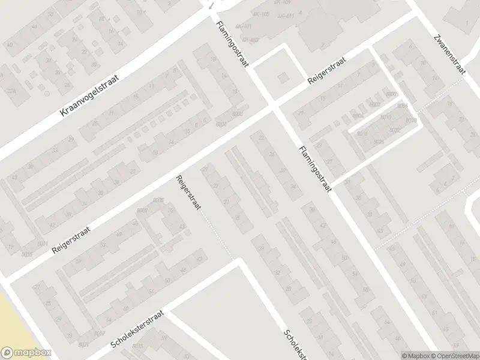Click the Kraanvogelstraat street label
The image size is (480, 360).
[x=91, y=95]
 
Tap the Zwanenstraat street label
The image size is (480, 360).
[x=449, y=53]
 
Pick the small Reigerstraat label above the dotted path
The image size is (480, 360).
[x=188, y=191]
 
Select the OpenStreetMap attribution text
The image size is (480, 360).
[x=454, y=355]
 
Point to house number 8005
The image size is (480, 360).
[x=158, y=200]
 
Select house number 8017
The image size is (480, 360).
[x=100, y=334]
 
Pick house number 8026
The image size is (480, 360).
[x=379, y=142]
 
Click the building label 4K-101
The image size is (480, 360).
[x=244, y=26]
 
